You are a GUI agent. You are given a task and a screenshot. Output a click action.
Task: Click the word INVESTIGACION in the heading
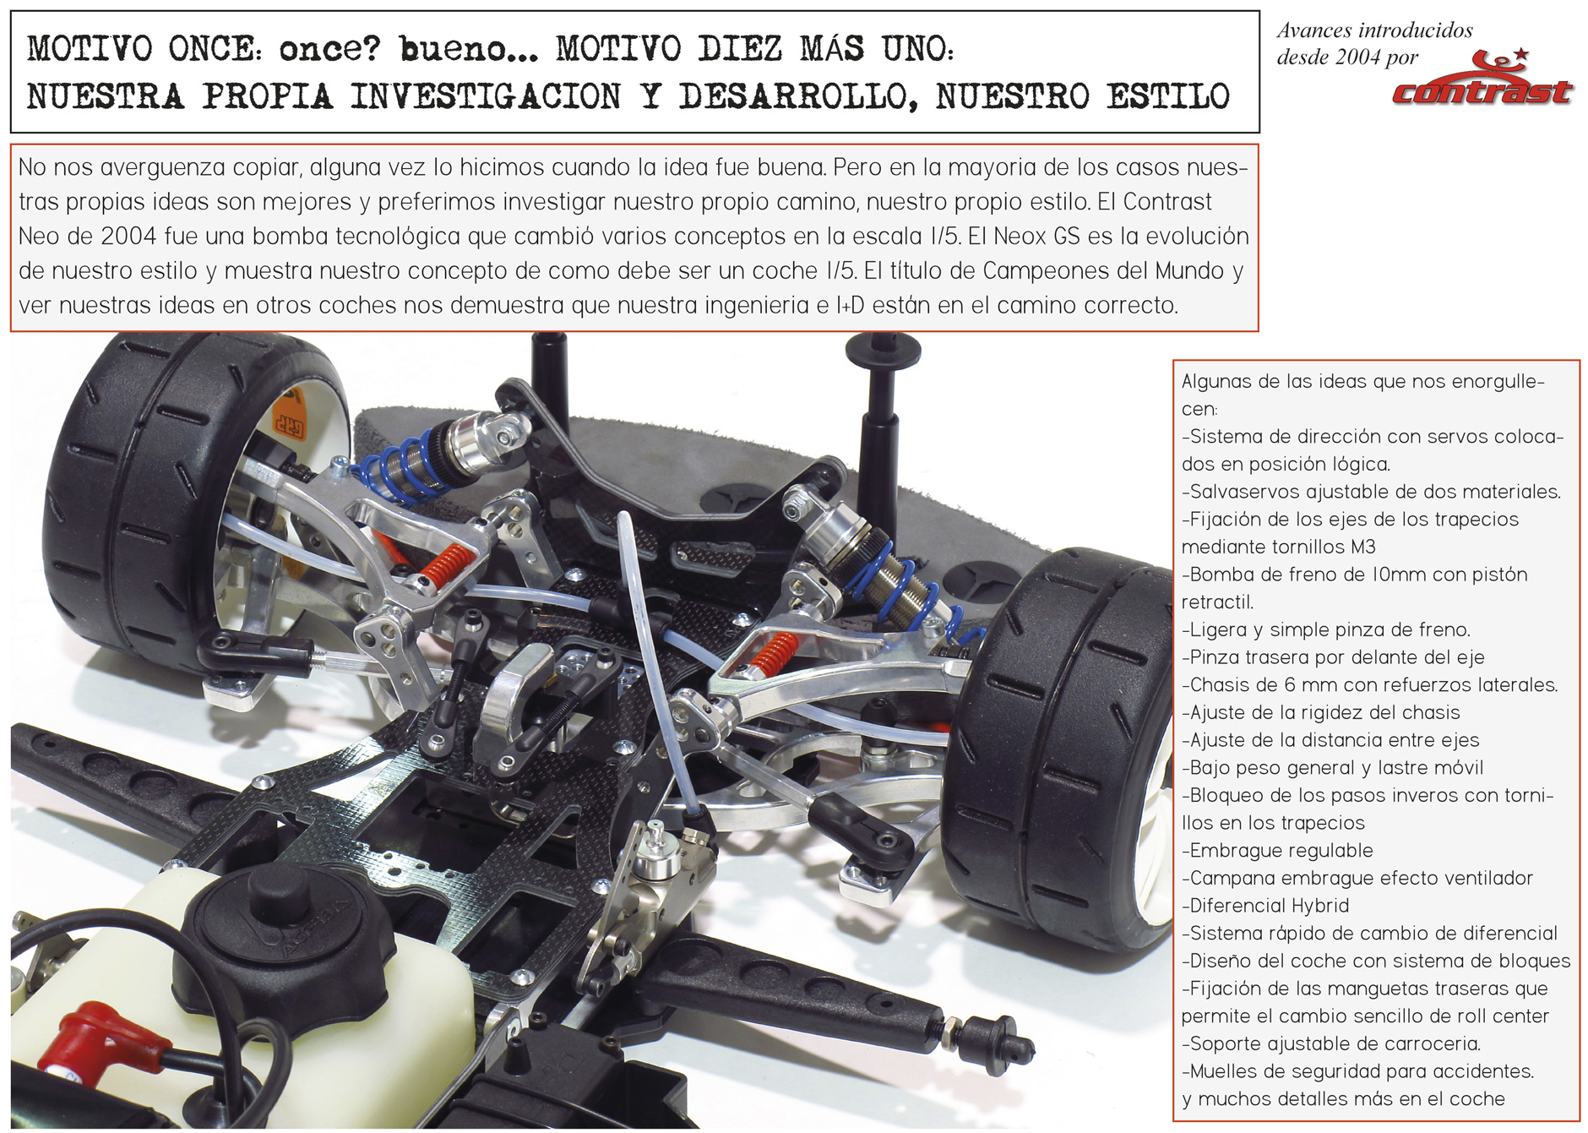coord(486,96)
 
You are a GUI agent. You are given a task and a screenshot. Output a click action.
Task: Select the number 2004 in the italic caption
coord(1358,57)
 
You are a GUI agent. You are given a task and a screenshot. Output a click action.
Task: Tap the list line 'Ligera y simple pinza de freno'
coord(1326,629)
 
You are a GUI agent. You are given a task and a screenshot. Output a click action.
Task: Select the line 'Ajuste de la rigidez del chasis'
coord(1321,712)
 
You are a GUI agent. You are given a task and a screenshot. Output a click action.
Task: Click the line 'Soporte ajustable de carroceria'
coord(1331,1043)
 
